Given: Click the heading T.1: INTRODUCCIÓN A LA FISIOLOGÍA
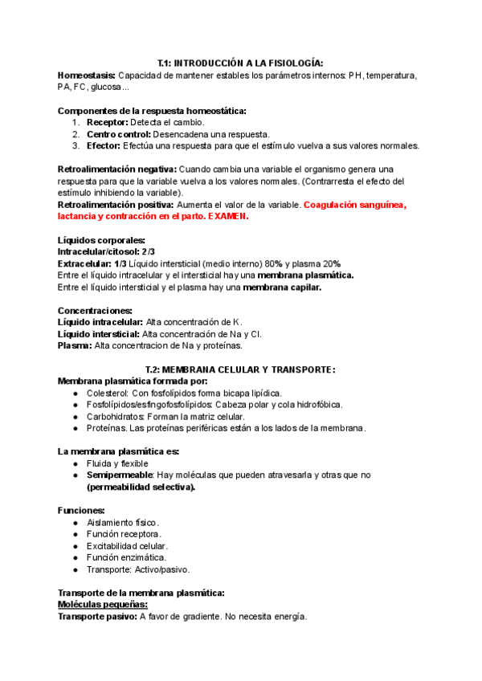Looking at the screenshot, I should (240, 63).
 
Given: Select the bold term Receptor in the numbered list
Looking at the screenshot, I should (107, 122).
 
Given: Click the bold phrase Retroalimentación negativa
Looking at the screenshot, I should (117, 169).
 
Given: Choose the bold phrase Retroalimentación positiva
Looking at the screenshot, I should (116, 205).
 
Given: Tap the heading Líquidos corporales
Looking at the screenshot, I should (102, 240).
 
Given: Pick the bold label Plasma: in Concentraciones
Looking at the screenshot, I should (75, 346).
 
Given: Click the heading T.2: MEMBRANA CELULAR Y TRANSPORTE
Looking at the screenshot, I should (240, 369).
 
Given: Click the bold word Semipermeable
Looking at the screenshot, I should (120, 475).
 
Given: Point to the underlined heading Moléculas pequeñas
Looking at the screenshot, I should (103, 605).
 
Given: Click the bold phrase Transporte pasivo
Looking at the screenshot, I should (98, 617).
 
